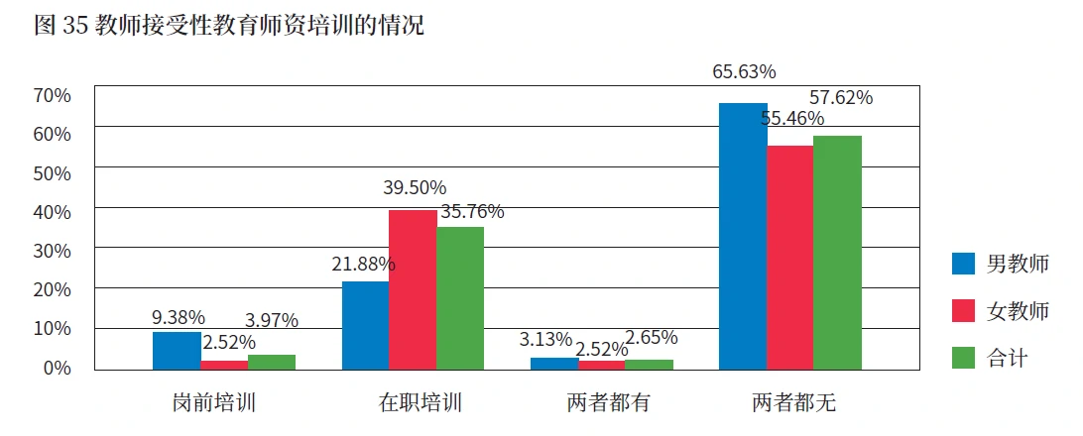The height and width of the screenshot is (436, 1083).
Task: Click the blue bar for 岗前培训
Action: click(x=177, y=351)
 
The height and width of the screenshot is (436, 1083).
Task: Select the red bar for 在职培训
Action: click(x=413, y=289)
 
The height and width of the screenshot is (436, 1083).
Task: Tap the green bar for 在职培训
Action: click(x=460, y=297)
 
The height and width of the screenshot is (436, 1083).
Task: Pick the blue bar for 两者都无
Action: click(x=743, y=236)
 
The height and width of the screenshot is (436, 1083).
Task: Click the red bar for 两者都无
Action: click(x=789, y=258)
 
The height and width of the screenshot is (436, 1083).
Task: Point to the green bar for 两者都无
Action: click(x=837, y=253)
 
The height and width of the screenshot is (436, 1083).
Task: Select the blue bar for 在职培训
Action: click(x=365, y=325)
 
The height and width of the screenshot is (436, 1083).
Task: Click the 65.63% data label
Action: click(x=744, y=72)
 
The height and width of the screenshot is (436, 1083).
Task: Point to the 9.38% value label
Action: click(x=179, y=318)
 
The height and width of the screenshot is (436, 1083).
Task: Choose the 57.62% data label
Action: click(x=841, y=98)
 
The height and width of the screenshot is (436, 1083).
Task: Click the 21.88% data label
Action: click(x=363, y=265)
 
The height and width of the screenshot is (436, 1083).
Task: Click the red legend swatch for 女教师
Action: click(x=964, y=311)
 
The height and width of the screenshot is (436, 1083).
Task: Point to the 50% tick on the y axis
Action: click(x=53, y=172)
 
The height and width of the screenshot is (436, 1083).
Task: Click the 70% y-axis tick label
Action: click(x=53, y=95)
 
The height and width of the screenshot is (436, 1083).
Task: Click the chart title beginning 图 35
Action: click(x=229, y=26)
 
